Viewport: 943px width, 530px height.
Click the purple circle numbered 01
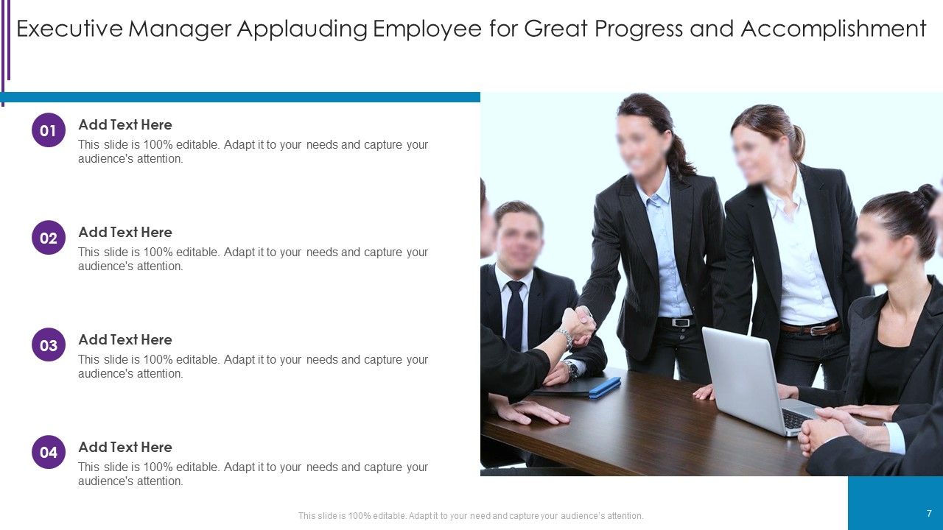pos(49,130)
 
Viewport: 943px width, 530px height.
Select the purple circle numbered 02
pos(49,238)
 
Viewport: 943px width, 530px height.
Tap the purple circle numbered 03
pos(49,345)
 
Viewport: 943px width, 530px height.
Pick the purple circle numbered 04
pos(49,453)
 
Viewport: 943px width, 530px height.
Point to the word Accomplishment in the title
pos(832,29)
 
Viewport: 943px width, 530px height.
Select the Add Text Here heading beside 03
pos(125,339)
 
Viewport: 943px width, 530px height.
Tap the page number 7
pos(929,514)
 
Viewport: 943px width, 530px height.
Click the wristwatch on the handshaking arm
pos(565,338)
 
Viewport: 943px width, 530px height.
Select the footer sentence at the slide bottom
pos(471,516)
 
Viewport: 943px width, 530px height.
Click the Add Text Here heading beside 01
pos(125,124)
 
